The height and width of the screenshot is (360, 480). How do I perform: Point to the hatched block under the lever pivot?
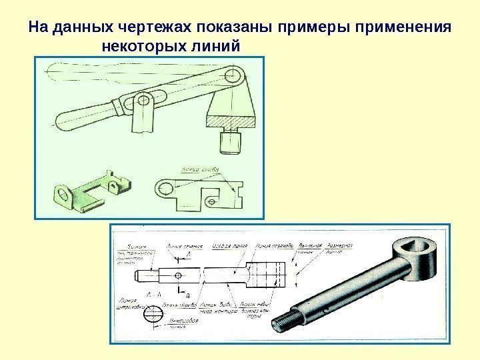coord(231,121)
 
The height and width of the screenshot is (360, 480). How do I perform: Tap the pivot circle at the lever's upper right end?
coord(233,74)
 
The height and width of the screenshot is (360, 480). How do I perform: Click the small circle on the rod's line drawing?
coord(178,275)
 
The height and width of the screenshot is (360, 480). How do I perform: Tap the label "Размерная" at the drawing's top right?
coord(339,245)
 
